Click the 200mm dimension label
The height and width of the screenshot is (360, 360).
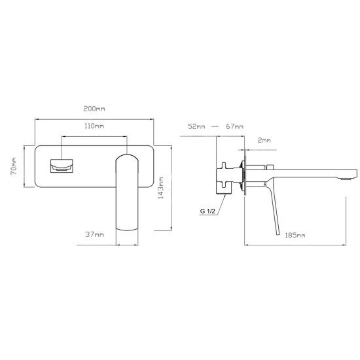tap(94, 109)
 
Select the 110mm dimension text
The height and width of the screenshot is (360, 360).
tap(94, 126)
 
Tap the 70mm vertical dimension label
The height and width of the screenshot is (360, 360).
tap(14, 166)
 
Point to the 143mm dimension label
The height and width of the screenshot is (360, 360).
tap(161, 188)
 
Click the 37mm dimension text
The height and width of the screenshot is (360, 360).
tap(95, 234)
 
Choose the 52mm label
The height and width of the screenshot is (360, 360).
tap(196, 126)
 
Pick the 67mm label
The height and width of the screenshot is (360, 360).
tap(234, 126)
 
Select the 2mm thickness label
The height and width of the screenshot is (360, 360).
tap(264, 140)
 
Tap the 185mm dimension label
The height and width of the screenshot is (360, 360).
tap(295, 235)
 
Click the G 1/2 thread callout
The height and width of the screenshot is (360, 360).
tap(207, 211)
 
